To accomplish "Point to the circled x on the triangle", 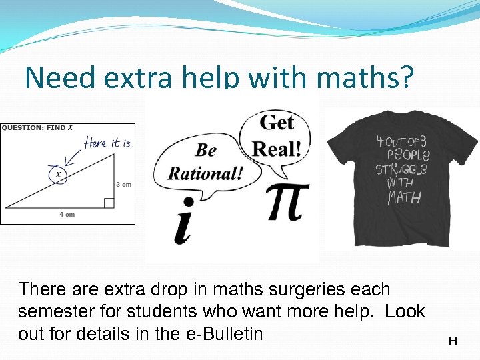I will click(58, 175).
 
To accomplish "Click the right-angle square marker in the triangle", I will click(109, 203).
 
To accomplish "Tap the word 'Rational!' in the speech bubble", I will click(205, 173).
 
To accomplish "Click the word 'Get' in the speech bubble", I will click(276, 123).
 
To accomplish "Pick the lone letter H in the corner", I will click(453, 341).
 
